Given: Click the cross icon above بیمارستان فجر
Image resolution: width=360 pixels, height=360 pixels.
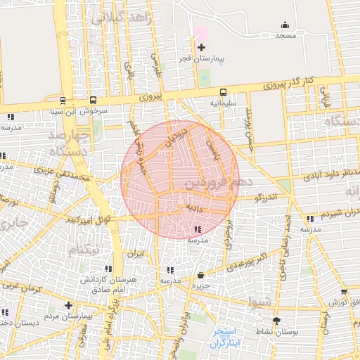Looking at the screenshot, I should click(x=202, y=47).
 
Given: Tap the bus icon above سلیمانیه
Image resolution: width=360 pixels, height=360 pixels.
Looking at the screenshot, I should click(x=223, y=92).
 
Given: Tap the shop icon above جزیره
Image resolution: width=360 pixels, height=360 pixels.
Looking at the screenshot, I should click(x=202, y=275).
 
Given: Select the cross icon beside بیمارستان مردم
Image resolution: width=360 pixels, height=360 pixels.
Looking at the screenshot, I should click(x=68, y=305).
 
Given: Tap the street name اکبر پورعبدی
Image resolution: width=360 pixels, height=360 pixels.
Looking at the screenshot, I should click(x=250, y=263).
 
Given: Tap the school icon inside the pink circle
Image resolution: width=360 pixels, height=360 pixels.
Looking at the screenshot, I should click(x=196, y=229).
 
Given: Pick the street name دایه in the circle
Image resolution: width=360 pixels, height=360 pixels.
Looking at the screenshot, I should click(x=193, y=209).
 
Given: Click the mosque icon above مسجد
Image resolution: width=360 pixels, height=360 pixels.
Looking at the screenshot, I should click(x=285, y=25).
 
